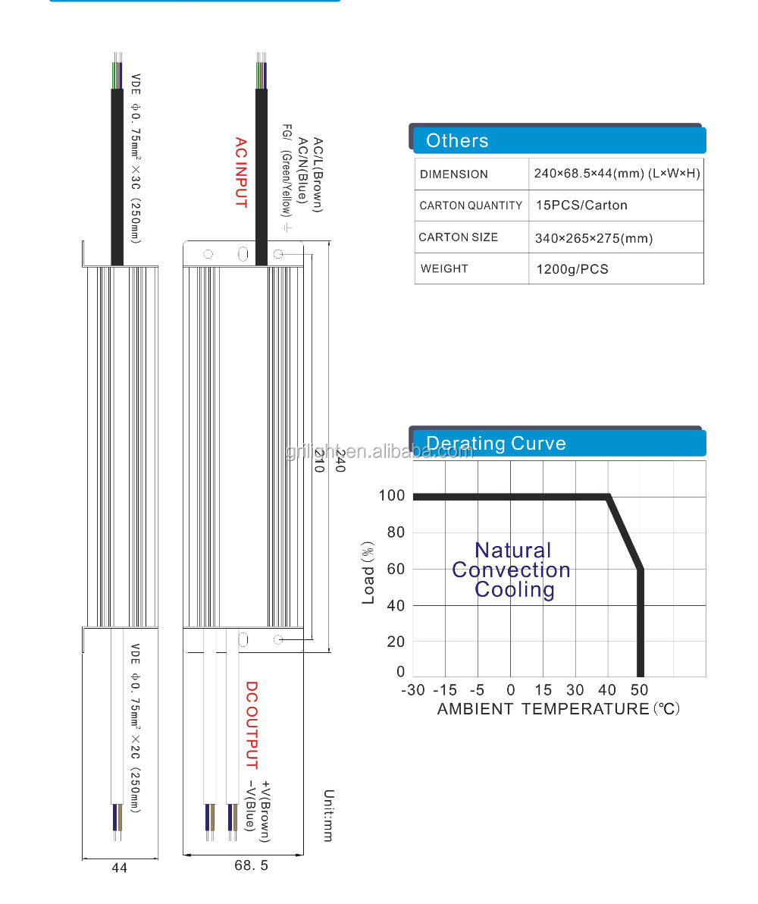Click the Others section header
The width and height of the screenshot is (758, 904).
457,140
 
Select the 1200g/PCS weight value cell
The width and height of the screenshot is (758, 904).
572,269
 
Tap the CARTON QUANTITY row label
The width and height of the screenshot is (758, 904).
471,206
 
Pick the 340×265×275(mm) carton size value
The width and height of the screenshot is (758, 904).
594,238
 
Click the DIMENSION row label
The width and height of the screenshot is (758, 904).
454,174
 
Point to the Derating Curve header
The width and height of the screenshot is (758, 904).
496,444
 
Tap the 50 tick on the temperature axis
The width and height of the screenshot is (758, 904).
640,690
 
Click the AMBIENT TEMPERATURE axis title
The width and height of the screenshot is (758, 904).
543,709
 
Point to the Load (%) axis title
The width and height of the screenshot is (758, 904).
368,573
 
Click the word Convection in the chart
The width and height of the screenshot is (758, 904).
511,570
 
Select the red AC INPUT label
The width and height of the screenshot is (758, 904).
240,172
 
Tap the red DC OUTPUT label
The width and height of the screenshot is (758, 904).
252,725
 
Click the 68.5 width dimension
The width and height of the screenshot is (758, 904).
250,865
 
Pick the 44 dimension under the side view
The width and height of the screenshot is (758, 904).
120,868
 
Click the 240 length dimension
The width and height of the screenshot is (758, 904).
340,461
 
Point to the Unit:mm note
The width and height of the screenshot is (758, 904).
328,815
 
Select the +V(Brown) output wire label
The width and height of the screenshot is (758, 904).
265,811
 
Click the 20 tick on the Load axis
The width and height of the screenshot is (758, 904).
396,642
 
